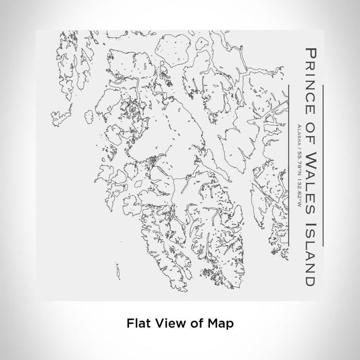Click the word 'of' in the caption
click(196, 323)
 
